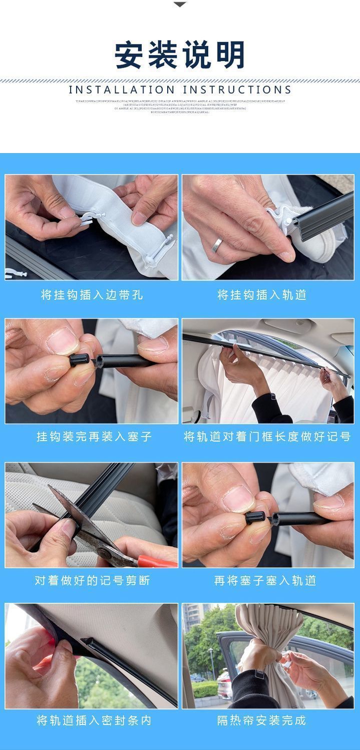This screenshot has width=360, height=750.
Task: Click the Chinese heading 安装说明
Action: pyautogui.click(x=180, y=55)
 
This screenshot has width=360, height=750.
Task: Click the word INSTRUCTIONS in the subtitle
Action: pyautogui.click(x=237, y=90)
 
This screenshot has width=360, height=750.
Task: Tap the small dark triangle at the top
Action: pyautogui.click(x=180, y=5)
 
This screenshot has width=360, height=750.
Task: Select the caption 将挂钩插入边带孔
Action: pyautogui.click(x=92, y=295)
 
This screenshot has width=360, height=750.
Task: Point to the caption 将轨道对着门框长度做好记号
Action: pyautogui.click(x=267, y=437)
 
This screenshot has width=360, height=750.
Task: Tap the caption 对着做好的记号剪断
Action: pyautogui.click(x=92, y=580)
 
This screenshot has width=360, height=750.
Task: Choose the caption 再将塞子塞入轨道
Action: pyautogui.click(x=265, y=580)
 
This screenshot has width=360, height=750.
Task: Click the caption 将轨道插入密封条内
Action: pyautogui.click(x=94, y=720)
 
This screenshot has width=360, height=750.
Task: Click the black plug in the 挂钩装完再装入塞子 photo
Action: pyautogui.click(x=81, y=360)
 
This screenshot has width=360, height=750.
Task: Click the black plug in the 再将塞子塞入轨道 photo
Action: pyautogui.click(x=256, y=518)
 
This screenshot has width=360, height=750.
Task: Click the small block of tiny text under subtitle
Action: pyautogui.click(x=180, y=106)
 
